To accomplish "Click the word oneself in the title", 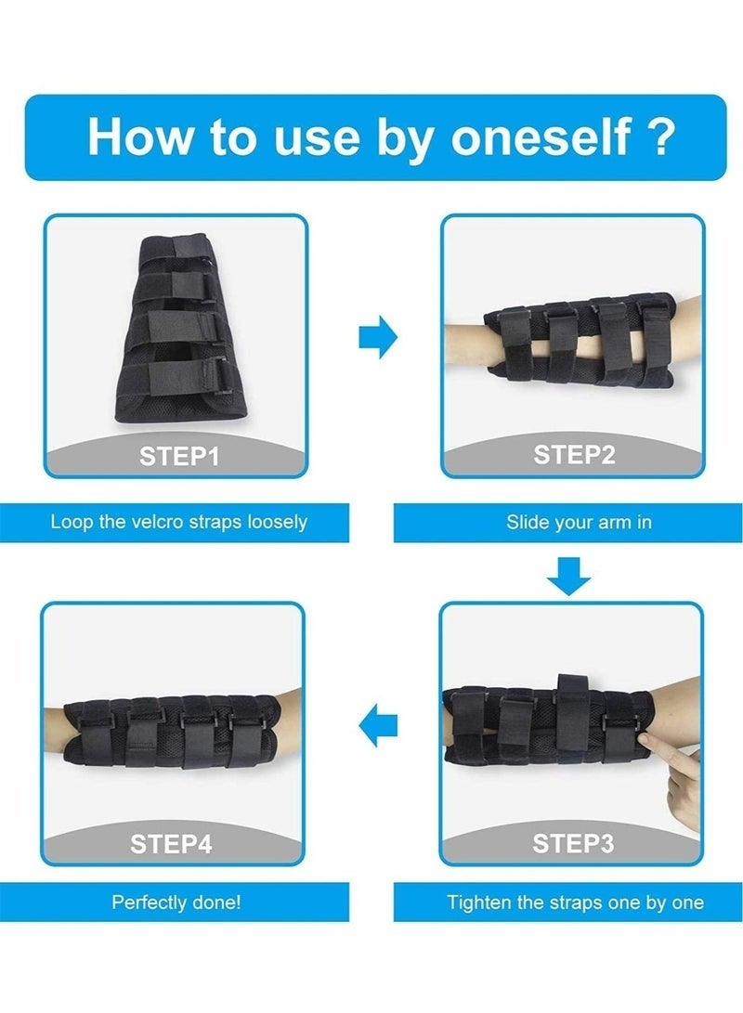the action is [541, 136].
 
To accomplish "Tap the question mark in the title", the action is [661, 136].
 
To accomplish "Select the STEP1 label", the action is [179, 457].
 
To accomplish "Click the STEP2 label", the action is [574, 455].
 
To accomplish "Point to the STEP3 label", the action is [573, 843].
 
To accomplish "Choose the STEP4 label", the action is [171, 844].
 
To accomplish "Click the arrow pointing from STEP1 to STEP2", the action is [378, 337].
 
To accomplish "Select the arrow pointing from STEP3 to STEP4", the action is [378, 725].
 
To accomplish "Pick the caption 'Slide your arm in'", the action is [579, 522].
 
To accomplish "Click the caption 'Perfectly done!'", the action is [176, 902].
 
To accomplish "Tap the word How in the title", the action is [141, 136].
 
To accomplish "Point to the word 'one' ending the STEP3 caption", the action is [687, 903].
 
